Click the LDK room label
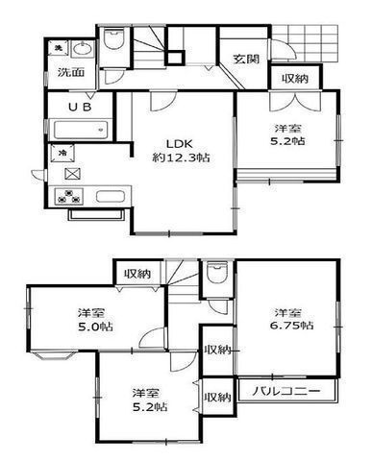pyautogui.click(x=179, y=144)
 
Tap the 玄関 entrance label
pyautogui.click(x=246, y=60)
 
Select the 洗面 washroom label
pyautogui.click(x=71, y=72)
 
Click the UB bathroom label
pyautogui.click(x=80, y=107)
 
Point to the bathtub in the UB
pyautogui.click(x=81, y=130)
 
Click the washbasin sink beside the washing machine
pyautogui.click(x=83, y=50)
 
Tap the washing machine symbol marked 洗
pyautogui.click(x=59, y=48)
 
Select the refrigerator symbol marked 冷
pyautogui.click(x=62, y=153)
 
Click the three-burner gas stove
pyautogui.click(x=68, y=196)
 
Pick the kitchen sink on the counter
pyautogui.click(x=111, y=196)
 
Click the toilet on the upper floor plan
pyautogui.click(x=114, y=39)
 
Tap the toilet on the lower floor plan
pyautogui.click(x=217, y=273)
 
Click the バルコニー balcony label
pyautogui.click(x=286, y=391)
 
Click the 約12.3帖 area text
pyautogui.click(x=181, y=158)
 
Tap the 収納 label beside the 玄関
pyautogui.click(x=295, y=79)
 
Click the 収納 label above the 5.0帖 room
pyautogui.click(x=137, y=274)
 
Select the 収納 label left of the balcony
pyautogui.click(x=218, y=398)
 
